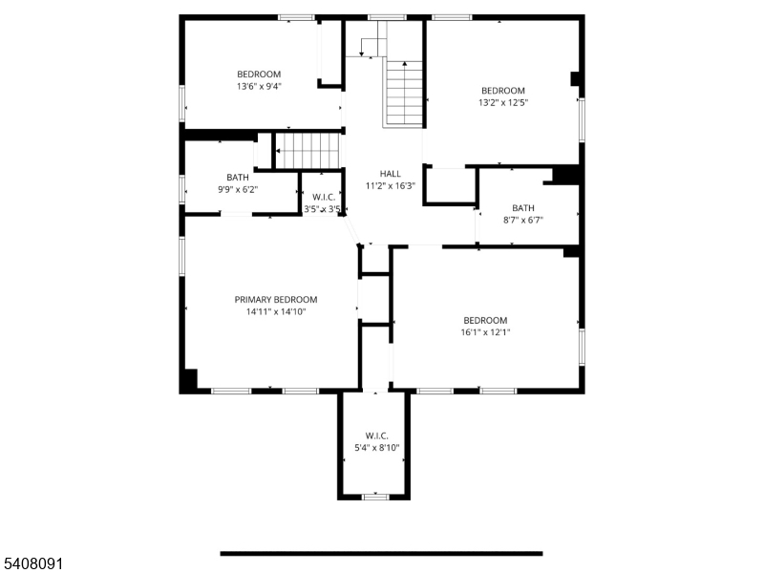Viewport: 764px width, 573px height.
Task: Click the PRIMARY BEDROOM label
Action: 276,299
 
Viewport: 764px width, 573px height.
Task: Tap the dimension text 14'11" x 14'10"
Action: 276,311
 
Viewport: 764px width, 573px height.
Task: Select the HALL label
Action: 390,173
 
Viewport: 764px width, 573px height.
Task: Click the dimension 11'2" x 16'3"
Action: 390,185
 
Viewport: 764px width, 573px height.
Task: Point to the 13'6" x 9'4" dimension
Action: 259,86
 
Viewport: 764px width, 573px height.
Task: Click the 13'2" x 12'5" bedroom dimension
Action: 503,102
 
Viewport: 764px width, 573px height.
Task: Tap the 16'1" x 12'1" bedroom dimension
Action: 485,332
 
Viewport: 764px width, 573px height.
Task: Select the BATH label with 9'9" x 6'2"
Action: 238,177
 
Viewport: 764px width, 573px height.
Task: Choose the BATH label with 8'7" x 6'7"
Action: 523,207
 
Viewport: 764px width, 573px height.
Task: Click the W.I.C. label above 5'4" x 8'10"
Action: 376,435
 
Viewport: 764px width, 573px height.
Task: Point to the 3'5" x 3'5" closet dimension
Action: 323,208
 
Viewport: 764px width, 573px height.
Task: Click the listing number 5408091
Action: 32,564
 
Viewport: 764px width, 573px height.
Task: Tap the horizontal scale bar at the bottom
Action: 381,553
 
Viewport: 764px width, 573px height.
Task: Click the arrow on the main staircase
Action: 405,65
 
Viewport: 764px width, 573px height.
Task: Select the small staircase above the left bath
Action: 308,150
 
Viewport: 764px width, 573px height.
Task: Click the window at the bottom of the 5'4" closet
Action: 374,497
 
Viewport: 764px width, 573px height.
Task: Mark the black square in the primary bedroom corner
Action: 189,379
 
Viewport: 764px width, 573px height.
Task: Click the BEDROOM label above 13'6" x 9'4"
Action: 259,74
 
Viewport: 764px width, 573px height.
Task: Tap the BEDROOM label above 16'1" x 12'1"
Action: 485,320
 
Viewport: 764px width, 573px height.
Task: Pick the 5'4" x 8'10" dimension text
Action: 376,447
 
